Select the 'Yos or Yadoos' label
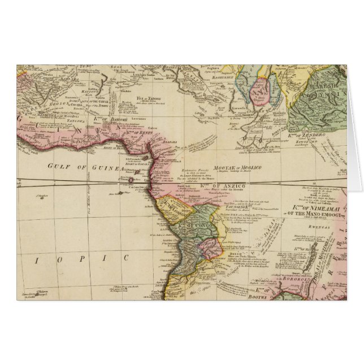tap(146, 97)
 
